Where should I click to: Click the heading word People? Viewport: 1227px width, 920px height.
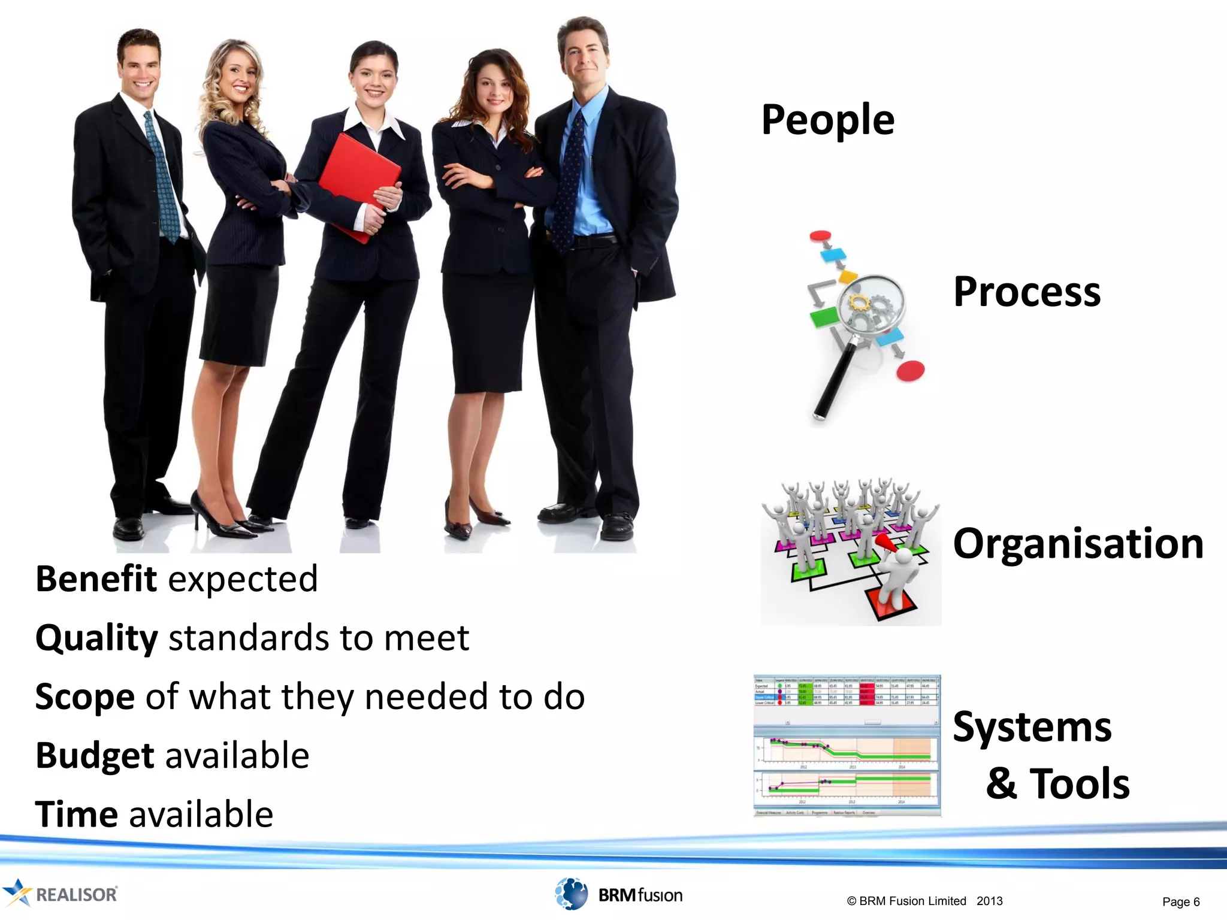click(827, 120)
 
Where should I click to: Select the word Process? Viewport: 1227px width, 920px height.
click(1026, 292)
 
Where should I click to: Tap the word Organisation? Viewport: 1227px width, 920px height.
click(1078, 544)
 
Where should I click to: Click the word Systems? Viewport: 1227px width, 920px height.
click(1032, 727)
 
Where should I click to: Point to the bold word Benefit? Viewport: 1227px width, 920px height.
click(96, 579)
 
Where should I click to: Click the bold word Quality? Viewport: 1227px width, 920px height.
click(96, 638)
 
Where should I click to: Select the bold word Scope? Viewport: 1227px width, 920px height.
click(85, 697)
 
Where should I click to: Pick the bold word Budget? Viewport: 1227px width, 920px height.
click(95, 755)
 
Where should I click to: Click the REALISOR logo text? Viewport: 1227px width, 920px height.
click(77, 894)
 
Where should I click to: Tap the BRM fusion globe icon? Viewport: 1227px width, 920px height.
click(571, 894)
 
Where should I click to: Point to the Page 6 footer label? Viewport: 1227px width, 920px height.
click(1180, 901)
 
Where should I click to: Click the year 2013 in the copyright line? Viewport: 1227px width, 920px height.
click(989, 901)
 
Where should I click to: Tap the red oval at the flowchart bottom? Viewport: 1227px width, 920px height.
click(910, 371)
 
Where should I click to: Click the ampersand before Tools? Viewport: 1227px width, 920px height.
click(1001, 783)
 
